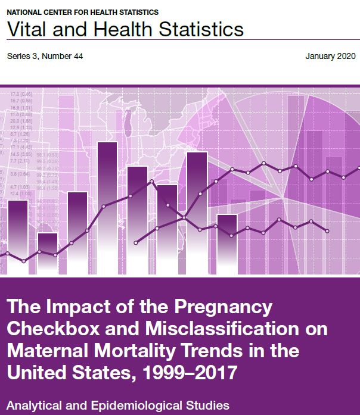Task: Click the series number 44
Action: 76,57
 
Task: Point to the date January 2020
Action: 330,57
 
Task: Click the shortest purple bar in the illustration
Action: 48,253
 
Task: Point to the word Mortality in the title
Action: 141,351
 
